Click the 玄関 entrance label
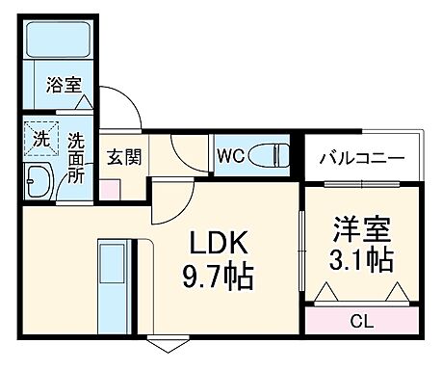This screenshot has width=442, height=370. (123, 155)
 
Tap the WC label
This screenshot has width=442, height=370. (229, 155)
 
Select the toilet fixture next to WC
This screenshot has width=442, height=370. (271, 154)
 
